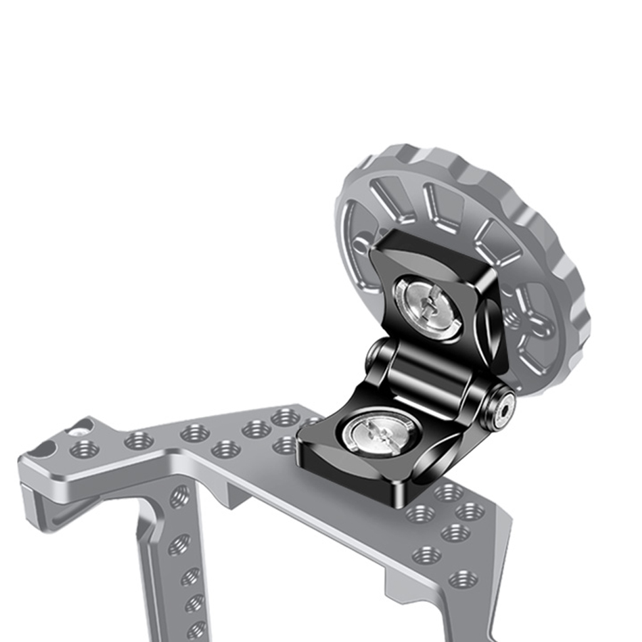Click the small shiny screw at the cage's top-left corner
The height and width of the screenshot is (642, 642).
(78, 432)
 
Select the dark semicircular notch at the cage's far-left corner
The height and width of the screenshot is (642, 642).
(43, 448)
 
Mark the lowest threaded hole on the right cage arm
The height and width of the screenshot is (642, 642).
(463, 579)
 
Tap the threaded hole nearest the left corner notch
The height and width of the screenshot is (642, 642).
(84, 449)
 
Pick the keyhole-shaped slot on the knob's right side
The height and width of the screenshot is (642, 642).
(536, 320)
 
